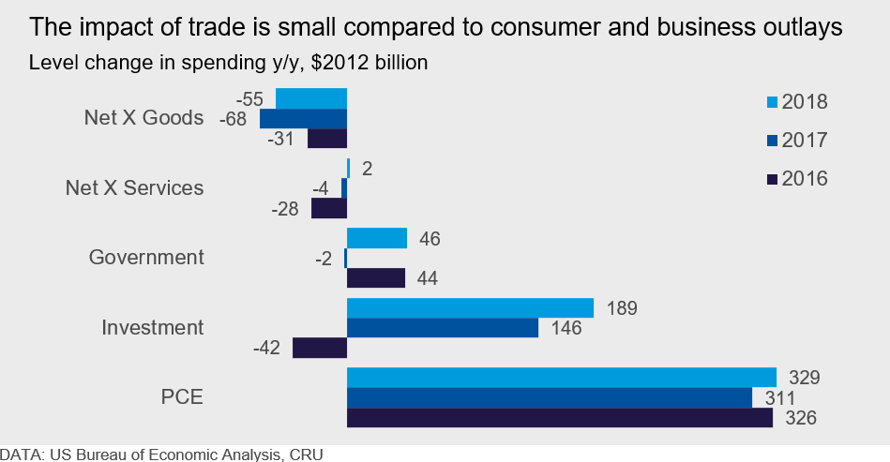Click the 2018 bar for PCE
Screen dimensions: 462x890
coord(562,378)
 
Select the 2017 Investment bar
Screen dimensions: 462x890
coord(443,328)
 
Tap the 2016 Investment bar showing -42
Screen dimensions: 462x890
coord(320,348)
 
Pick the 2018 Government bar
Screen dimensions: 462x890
coord(377,238)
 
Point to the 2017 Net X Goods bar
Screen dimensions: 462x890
coord(303,119)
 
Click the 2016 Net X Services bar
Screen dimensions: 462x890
coord(329,208)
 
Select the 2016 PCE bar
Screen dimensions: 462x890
coord(560,418)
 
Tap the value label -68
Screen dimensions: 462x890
coord(232,119)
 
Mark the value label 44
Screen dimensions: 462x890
coord(427,278)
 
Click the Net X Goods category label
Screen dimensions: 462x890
coord(143,118)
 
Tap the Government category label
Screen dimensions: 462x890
coord(146,257)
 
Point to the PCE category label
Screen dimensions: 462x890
coord(183,397)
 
